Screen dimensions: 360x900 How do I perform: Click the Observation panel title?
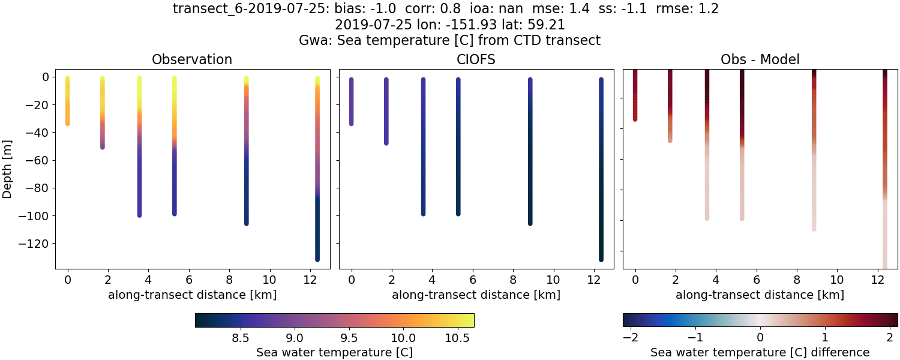coord(191,59)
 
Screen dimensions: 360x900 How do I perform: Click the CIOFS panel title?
coord(476,59)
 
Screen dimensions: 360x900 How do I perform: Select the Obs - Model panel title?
coord(760,59)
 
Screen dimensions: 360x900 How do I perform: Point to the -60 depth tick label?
coord(38,160)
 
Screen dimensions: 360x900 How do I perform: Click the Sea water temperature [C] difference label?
coord(760,352)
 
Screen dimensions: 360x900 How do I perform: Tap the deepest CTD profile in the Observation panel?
coord(317,168)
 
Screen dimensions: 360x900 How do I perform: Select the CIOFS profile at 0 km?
coord(352,102)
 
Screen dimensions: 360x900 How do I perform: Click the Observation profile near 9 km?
coord(246,150)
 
